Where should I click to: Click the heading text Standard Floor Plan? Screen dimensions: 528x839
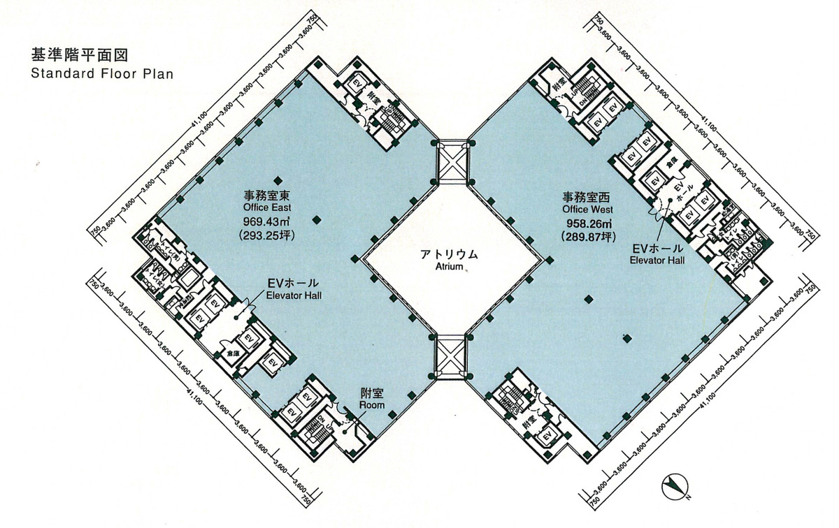[101, 73]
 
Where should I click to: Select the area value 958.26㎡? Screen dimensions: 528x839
[588, 224]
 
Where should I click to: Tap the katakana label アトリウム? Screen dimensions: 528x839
[450, 254]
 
